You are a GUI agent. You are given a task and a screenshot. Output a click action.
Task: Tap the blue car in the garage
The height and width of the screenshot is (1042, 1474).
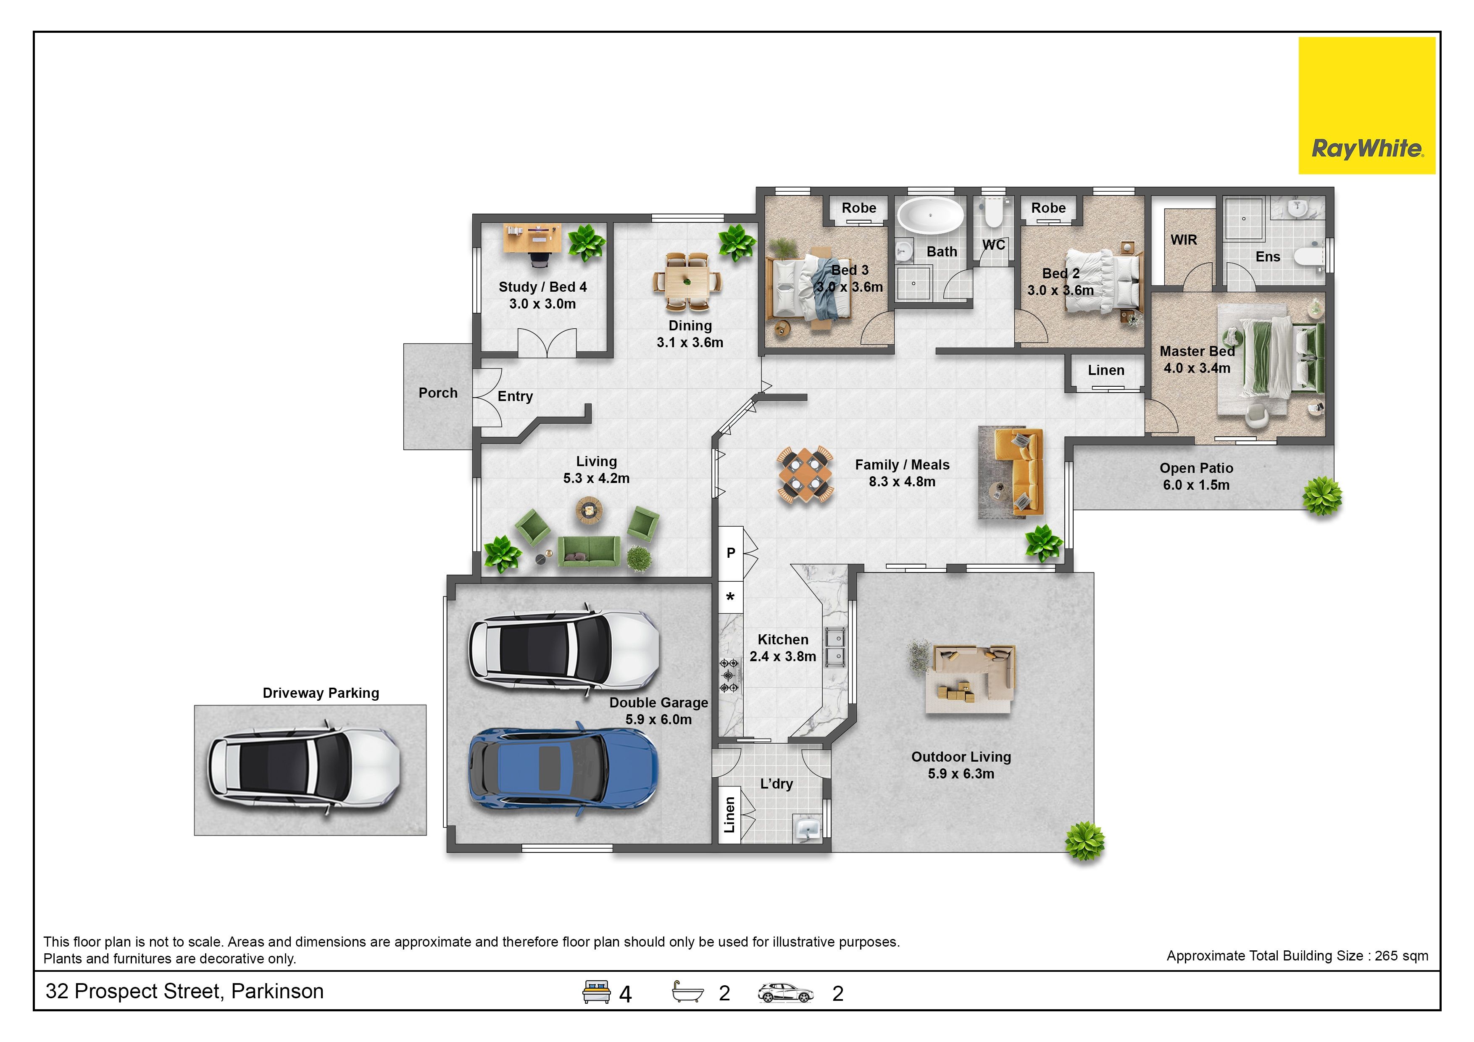coord(563,770)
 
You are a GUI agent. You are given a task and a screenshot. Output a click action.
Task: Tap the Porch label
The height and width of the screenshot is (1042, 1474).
coord(438,393)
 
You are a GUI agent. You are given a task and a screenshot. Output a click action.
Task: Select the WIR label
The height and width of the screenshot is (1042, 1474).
coord(1183,240)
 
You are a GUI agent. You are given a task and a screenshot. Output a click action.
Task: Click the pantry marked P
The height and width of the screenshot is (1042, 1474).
coord(731,553)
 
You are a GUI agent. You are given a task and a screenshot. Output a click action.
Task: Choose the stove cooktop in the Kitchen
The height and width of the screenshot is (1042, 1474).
coord(729,675)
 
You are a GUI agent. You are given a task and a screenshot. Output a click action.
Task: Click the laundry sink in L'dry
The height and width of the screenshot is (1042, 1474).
coord(808,828)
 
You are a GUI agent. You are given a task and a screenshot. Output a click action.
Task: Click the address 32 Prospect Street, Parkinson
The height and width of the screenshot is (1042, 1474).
coord(184,991)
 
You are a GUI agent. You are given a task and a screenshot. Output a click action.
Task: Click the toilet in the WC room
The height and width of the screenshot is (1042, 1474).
coord(993,213)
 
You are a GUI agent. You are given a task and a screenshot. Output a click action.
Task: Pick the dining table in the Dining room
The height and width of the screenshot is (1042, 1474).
coord(687,280)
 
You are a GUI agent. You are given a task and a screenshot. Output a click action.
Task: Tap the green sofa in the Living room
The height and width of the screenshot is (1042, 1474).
coord(589,551)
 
